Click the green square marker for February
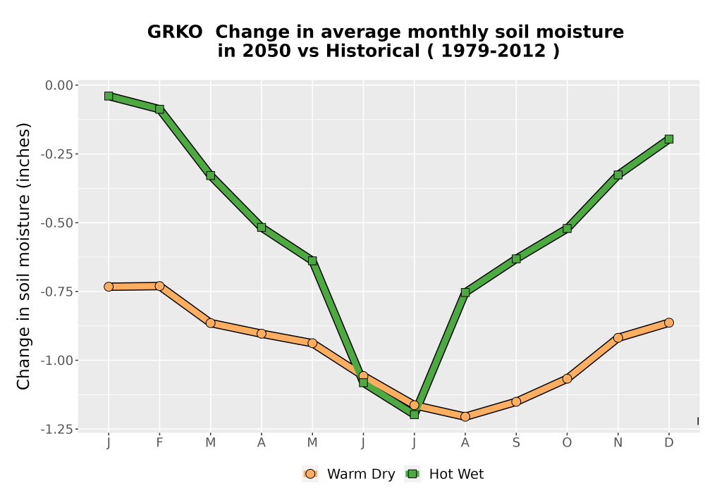pyautogui.click(x=159, y=109)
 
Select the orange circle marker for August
pyautogui.click(x=465, y=417)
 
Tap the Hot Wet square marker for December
pyautogui.click(x=668, y=139)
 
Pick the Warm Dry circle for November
pyautogui.click(x=618, y=337)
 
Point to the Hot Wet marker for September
pyautogui.click(x=516, y=258)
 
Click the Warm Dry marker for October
pyautogui.click(x=567, y=378)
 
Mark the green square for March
pyautogui.click(x=210, y=175)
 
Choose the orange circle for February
pyautogui.click(x=159, y=286)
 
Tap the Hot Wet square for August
pyautogui.click(x=465, y=292)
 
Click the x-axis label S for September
pyautogui.click(x=516, y=443)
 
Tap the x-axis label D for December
pyautogui.click(x=668, y=443)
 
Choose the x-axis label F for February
pyautogui.click(x=159, y=443)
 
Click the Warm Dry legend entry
pyautogui.click(x=348, y=474)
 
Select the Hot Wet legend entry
pyautogui.click(x=444, y=474)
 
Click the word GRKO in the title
pyautogui.click(x=175, y=32)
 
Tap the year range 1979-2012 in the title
pyautogui.click(x=493, y=51)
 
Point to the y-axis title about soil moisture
pyautogui.click(x=23, y=256)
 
